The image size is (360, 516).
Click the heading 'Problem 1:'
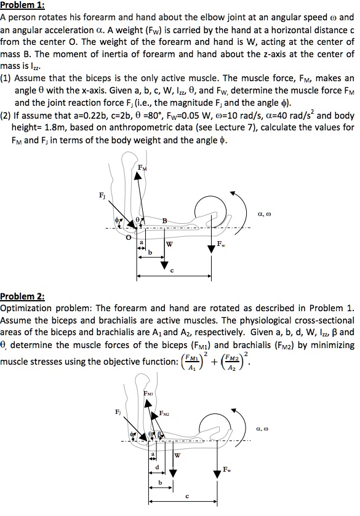point(23,6)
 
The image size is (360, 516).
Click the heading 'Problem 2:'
point(23,296)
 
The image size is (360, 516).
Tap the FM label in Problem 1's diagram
point(143,168)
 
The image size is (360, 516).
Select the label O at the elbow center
point(127,235)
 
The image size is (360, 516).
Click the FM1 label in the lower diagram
point(149,392)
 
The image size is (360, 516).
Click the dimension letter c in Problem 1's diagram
point(172,270)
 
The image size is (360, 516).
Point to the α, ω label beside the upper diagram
point(260,215)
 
